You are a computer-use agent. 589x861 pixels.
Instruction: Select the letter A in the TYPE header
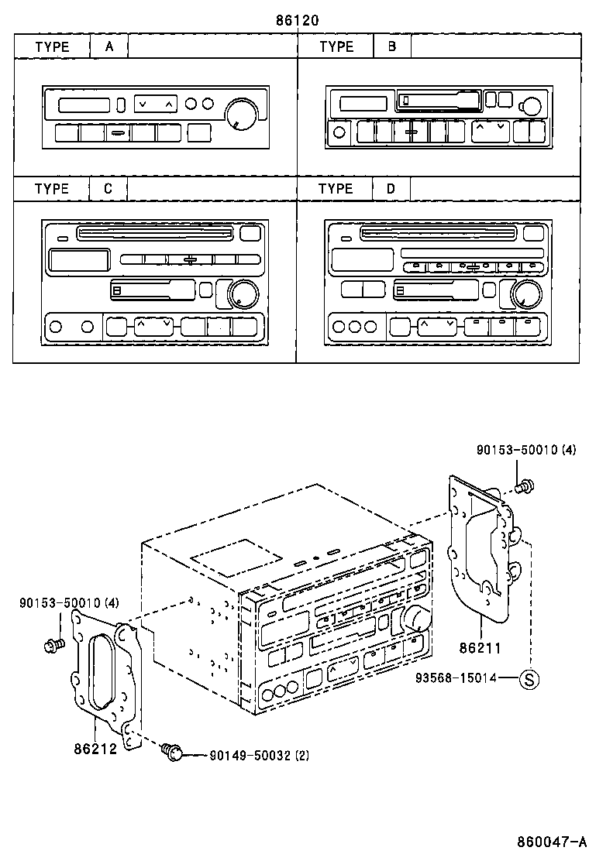(109, 46)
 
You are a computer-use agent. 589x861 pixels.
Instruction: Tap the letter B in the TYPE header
(392, 46)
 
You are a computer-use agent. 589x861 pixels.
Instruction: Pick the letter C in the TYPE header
(108, 189)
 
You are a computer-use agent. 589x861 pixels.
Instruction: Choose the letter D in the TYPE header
(391, 189)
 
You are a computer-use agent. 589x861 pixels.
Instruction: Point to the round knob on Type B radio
(531, 107)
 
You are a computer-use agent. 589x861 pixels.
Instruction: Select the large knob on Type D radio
(524, 294)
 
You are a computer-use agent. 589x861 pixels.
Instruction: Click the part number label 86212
(95, 750)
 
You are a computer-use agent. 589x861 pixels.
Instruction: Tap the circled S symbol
(529, 680)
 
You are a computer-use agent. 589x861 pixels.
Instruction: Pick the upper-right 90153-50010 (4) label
(526, 450)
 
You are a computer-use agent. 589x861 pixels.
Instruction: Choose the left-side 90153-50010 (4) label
(69, 602)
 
